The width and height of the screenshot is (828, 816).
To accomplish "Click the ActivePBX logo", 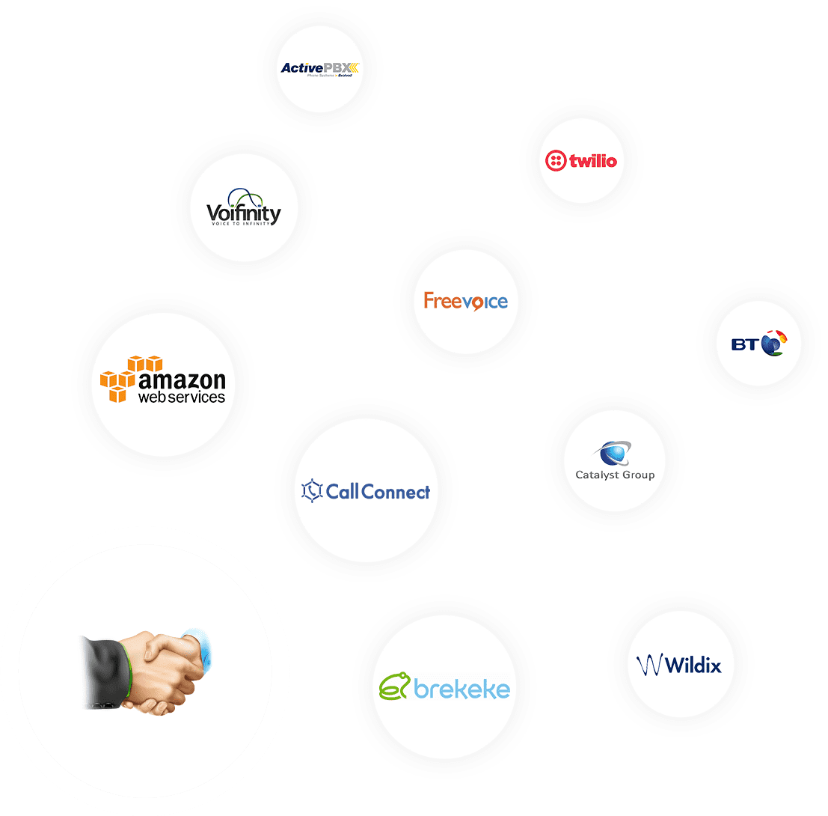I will point(320,69).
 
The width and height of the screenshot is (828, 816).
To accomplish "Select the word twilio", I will point(593,160).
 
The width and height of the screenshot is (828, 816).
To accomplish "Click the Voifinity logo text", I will point(244,215).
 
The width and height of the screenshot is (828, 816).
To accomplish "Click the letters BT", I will point(745,344).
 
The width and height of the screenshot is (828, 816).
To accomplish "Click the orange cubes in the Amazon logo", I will point(123,379).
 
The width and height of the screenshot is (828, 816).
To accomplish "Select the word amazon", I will point(183,380).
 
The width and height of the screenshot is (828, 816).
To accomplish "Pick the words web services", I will point(182,398).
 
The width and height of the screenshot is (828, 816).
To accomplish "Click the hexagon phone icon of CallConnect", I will point(311,491).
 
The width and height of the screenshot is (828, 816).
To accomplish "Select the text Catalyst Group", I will point(615,475).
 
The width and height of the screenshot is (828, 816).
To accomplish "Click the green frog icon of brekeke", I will point(395,685).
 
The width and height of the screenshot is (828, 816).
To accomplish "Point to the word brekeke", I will point(461,689).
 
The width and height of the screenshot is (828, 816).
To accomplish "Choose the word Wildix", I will point(693,665).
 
